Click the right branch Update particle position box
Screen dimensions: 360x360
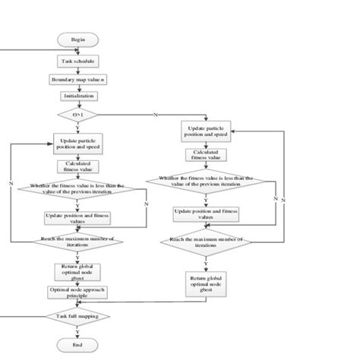pyautogui.click(x=206, y=132)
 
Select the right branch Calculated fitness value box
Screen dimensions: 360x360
pyautogui.click(x=206, y=155)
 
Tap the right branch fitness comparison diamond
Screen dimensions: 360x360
pyautogui.click(x=206, y=183)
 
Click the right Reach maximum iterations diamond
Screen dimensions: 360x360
pyautogui.click(x=206, y=243)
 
